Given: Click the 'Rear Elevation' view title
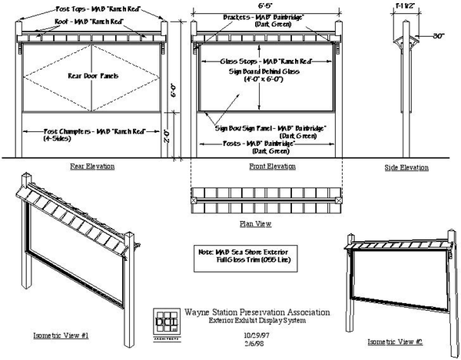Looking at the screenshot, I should coord(93,166).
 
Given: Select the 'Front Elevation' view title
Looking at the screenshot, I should coord(266,167).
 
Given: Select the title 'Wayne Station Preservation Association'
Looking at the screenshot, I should coord(257,312).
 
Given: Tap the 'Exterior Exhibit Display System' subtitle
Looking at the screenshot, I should coord(257,322).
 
